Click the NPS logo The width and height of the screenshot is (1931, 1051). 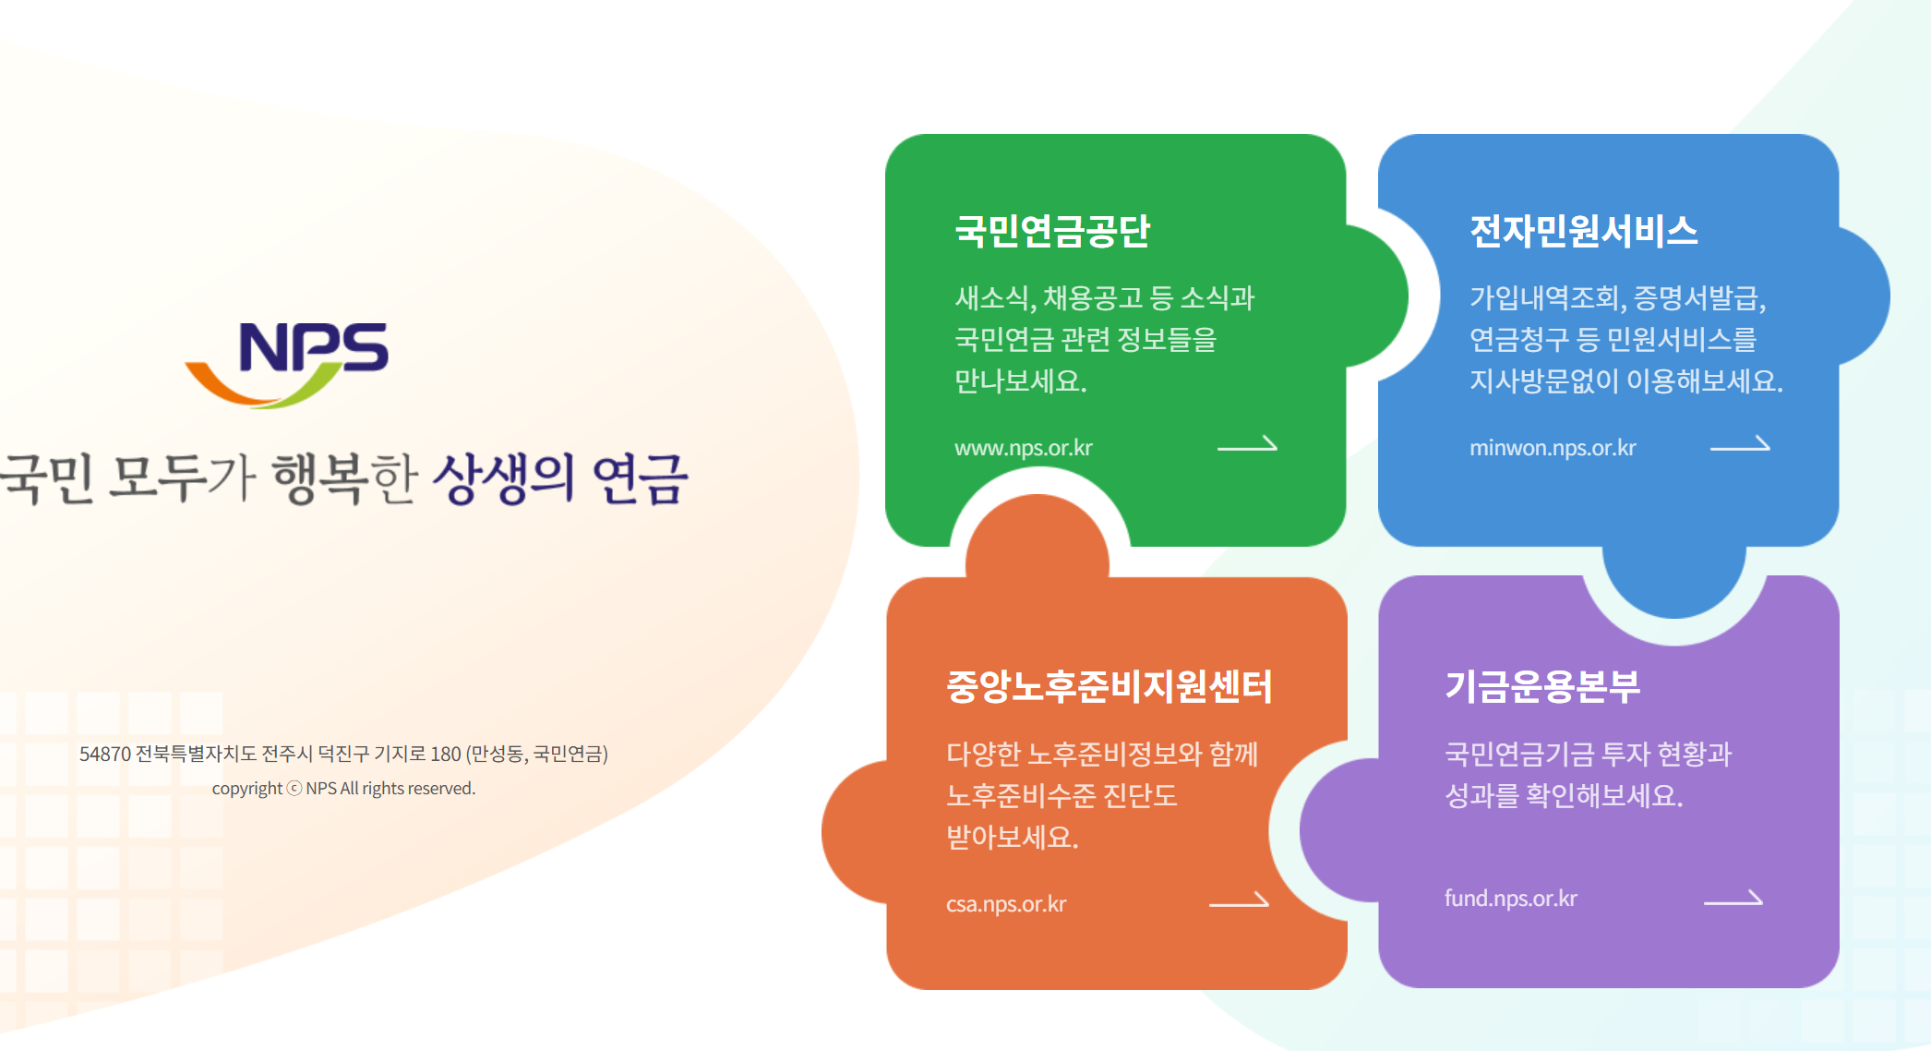[288, 363]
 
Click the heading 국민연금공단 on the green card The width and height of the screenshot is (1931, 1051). [1052, 231]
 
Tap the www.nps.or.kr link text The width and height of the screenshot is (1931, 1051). [1023, 448]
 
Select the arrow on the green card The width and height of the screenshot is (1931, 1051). [1247, 445]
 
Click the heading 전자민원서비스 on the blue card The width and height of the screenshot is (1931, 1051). [1583, 231]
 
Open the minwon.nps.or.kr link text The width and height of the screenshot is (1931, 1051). [1553, 448]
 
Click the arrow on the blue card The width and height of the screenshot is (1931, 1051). [1740, 445]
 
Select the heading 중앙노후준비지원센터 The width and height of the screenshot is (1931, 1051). [1109, 686]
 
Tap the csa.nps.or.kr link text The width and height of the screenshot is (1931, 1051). [1006, 904]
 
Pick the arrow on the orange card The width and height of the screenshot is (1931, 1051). [1239, 900]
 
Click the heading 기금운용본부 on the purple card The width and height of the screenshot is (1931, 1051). [1542, 686]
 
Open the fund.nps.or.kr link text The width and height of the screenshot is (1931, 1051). [1511, 899]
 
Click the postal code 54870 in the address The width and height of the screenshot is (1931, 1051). [105, 755]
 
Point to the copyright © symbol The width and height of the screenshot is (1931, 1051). [294, 789]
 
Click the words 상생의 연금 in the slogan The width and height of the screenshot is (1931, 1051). [561, 478]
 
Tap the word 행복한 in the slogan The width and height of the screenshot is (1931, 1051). [345, 478]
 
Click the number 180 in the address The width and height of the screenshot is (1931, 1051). [445, 755]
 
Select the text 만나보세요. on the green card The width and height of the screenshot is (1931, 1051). [1021, 381]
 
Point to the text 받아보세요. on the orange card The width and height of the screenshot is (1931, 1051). [1013, 838]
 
